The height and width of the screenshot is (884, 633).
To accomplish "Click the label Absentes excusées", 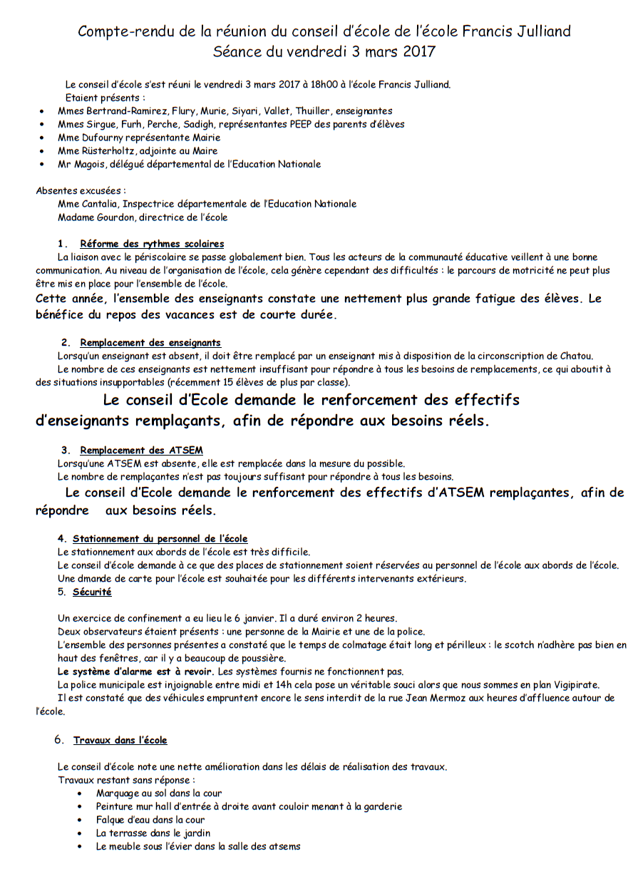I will (x=81, y=190).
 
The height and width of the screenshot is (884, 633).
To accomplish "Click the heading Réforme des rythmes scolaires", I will (x=152, y=244).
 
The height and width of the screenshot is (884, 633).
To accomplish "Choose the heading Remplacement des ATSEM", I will (x=141, y=451).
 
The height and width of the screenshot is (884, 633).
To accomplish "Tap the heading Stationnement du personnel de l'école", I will (x=160, y=539).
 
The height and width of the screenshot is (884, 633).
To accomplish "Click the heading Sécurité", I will (x=92, y=592).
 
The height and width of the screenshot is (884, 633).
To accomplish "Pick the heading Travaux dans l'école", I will (x=120, y=740).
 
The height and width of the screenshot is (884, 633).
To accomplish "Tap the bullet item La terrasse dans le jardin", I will (x=153, y=833).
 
